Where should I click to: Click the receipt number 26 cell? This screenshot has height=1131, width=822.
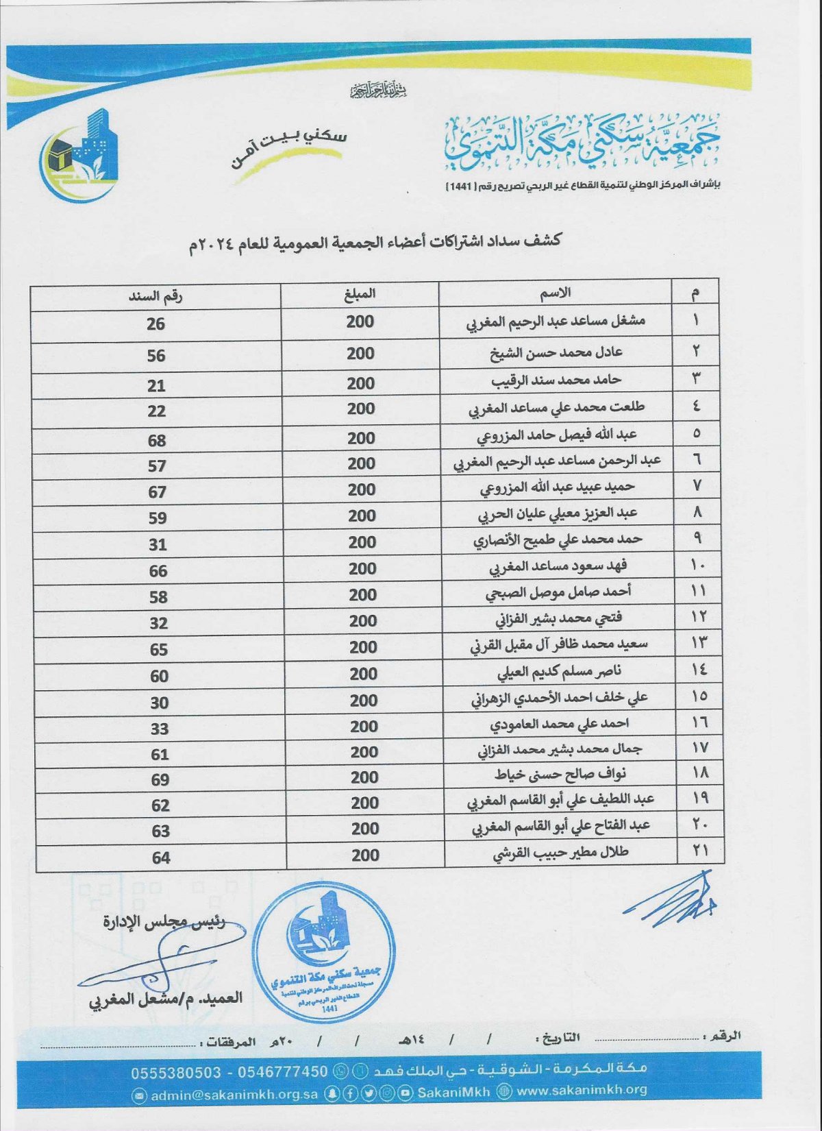coord(155,324)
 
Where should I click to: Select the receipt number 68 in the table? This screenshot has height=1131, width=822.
coord(157,440)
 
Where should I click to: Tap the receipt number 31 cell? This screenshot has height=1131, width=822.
coord(158,544)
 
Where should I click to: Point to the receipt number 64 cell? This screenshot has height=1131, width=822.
coord(161,858)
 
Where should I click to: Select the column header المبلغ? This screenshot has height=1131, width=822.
coord(360,294)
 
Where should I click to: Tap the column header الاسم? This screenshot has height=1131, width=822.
coord(555,293)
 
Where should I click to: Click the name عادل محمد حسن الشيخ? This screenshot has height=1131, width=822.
coord(556,353)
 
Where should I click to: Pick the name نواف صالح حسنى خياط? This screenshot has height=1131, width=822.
coord(560,775)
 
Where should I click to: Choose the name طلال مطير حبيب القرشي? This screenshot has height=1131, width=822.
coord(560,853)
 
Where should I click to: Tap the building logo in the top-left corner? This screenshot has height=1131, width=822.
coord(80,156)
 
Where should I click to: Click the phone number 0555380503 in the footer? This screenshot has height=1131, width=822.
coord(176,1071)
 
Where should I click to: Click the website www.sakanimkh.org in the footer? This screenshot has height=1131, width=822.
coord(582,1090)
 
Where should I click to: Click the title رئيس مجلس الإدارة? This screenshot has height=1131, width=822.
coord(164,921)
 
